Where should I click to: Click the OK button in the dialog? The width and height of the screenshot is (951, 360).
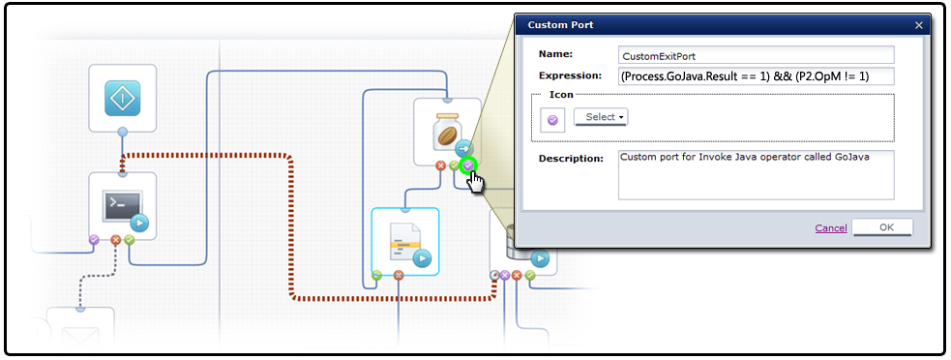click(x=886, y=228)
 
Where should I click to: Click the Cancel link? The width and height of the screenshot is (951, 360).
click(x=830, y=228)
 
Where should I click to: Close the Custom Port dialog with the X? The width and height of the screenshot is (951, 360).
click(x=918, y=25)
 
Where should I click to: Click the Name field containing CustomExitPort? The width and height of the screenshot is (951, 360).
click(x=756, y=55)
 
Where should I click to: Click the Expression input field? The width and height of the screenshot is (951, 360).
click(x=756, y=75)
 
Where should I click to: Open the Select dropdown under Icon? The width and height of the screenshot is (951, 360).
click(x=601, y=117)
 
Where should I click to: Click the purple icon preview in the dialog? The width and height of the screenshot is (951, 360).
click(x=552, y=119)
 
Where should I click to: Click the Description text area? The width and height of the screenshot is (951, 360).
click(x=756, y=174)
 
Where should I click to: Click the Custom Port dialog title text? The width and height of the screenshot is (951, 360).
click(x=560, y=25)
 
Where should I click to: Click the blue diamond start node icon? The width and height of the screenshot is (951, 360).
click(x=123, y=98)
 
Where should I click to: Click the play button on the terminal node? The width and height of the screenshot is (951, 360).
click(x=139, y=224)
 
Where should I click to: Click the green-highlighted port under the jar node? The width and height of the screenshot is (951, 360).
click(x=468, y=165)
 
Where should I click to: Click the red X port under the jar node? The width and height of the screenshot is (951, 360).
click(x=441, y=165)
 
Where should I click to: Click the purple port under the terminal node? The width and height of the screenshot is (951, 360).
click(x=94, y=238)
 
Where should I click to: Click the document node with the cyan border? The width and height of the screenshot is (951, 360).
click(x=405, y=241)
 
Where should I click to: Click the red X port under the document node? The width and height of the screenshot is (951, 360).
click(x=399, y=276)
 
